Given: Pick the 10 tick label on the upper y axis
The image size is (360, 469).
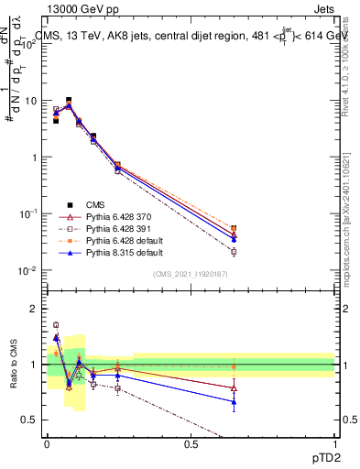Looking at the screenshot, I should [30, 101].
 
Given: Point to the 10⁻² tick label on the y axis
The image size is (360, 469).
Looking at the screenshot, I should [27, 270].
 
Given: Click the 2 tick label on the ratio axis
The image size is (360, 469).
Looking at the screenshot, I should [35, 309].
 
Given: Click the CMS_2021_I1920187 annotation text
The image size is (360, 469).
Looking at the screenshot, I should [191, 274].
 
